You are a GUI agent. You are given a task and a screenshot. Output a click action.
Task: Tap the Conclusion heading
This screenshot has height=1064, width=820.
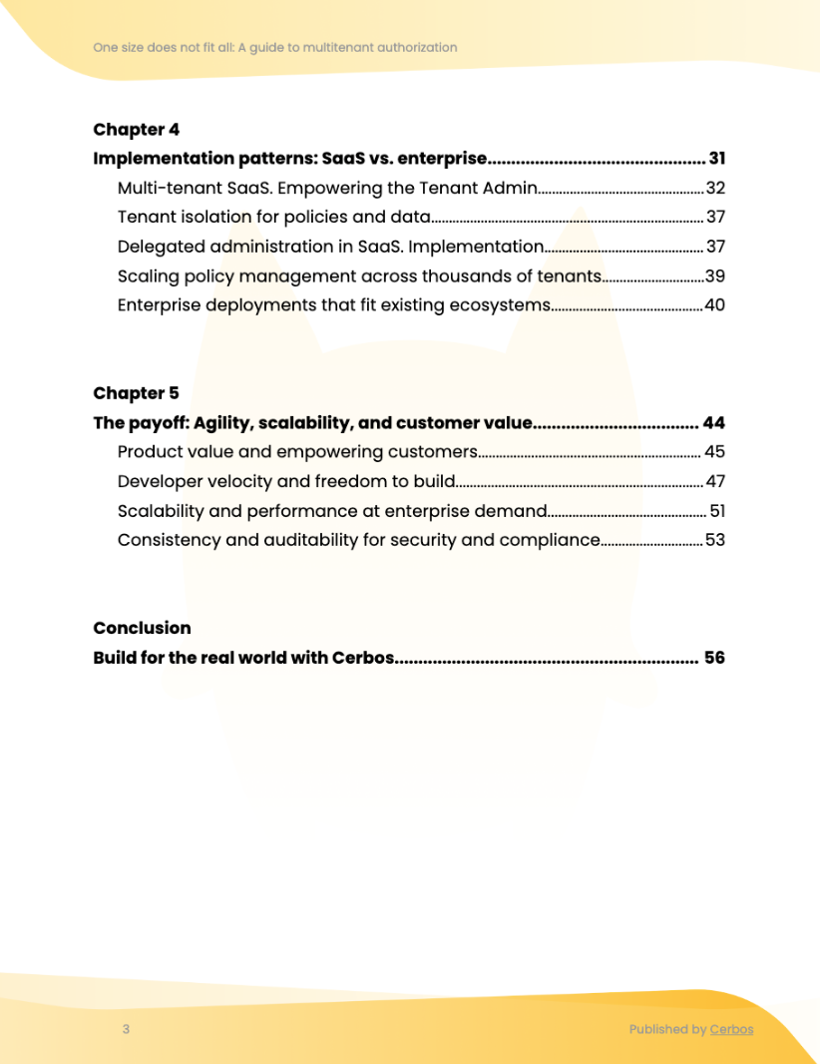[142, 628]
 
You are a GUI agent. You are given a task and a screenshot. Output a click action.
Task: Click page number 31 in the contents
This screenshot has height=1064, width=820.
[716, 159]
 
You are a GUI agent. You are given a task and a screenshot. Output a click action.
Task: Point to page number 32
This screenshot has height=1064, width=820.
[715, 188]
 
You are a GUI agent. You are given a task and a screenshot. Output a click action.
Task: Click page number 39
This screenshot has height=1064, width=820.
[714, 276]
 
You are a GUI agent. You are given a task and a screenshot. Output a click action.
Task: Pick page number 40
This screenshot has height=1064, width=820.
[714, 305]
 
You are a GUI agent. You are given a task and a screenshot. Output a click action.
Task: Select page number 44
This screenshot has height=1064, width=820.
[713, 423]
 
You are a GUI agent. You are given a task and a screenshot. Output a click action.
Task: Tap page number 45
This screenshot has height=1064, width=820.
[714, 452]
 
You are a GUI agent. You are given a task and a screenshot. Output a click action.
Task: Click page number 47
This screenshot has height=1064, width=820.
[715, 482]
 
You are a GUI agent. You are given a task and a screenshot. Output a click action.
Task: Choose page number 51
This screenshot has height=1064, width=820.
[716, 511]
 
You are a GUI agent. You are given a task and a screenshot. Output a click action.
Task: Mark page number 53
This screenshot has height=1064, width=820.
[714, 541]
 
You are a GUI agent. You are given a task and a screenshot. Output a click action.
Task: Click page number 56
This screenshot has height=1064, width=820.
[713, 658]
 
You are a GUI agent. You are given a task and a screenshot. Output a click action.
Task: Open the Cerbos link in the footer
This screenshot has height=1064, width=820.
[731, 1030]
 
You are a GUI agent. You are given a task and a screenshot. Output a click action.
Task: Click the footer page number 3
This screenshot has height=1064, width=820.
[126, 1030]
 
